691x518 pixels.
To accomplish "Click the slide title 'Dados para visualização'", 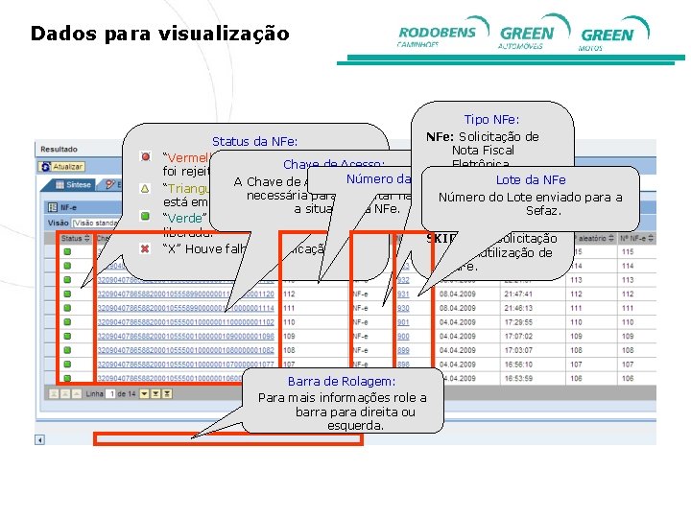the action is click(159, 34).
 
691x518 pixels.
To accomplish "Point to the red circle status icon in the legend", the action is click(145, 156).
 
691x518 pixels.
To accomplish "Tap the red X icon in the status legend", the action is click(145, 248).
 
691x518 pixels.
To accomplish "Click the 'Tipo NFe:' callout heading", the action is click(491, 120).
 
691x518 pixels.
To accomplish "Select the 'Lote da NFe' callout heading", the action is click(531, 180).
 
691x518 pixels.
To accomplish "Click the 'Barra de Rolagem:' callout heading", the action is click(343, 382).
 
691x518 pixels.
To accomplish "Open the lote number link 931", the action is click(403, 294).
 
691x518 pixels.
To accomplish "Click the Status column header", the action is click(73, 238).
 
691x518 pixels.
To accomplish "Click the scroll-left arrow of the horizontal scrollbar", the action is click(40, 439).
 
